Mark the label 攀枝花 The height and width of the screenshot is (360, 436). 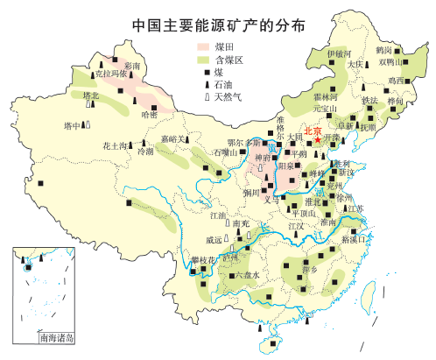[x=204, y=260]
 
